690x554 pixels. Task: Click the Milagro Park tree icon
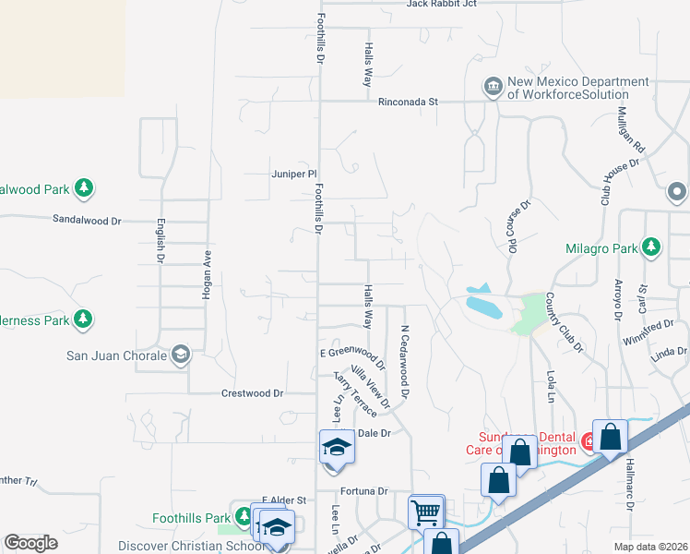tap(651, 247)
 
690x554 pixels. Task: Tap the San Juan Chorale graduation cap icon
tap(181, 355)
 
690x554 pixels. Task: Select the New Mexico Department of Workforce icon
tap(492, 88)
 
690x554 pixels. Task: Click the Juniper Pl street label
tap(294, 173)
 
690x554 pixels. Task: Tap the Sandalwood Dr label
tap(87, 221)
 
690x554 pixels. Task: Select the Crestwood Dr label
tap(252, 392)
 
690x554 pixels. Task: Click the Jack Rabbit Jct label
tap(441, 4)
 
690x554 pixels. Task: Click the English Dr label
tap(161, 240)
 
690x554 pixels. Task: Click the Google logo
tap(31, 543)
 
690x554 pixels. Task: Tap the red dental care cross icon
tap(589, 442)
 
